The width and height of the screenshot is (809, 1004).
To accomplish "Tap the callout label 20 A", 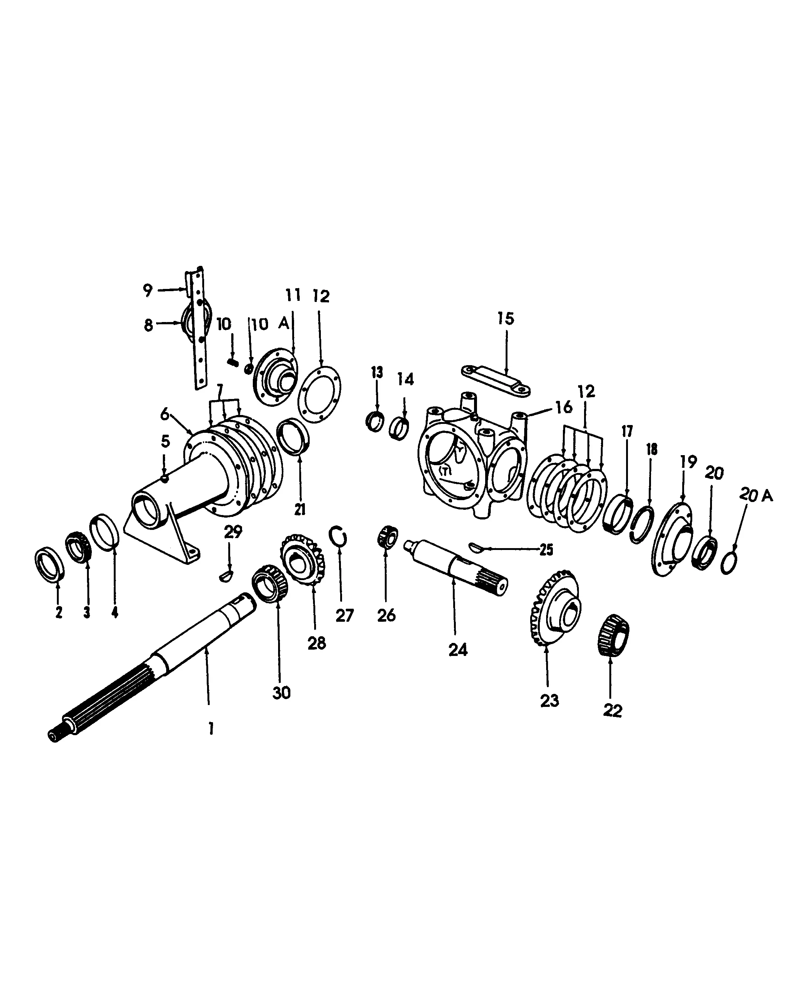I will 755,495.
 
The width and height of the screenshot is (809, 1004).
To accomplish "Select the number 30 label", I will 281,693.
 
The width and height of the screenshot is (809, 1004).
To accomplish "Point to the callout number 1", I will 211,728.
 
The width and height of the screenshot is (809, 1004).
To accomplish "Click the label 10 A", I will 270,324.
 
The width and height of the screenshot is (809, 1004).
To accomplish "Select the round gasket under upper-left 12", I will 320,394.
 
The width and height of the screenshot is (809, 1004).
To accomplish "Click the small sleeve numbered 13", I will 375,422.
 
